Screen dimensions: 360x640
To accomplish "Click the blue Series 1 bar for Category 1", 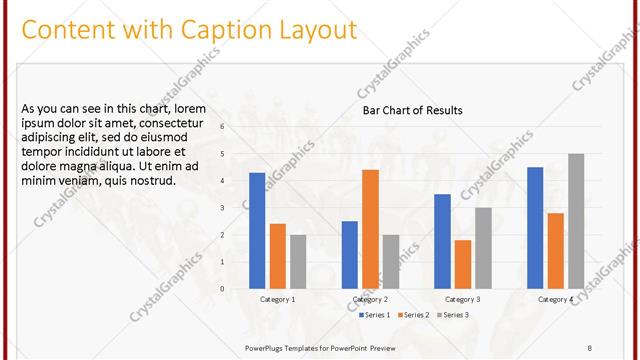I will (257, 230).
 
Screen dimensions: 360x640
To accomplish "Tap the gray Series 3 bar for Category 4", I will (576, 220).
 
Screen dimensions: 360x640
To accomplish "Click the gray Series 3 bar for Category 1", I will (298, 261).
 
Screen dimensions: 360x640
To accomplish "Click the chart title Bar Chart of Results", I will (412, 110).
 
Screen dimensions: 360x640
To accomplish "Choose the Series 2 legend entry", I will (416, 315).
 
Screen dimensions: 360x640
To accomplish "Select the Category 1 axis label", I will (278, 299).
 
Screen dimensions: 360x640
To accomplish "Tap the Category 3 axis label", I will (463, 299).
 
